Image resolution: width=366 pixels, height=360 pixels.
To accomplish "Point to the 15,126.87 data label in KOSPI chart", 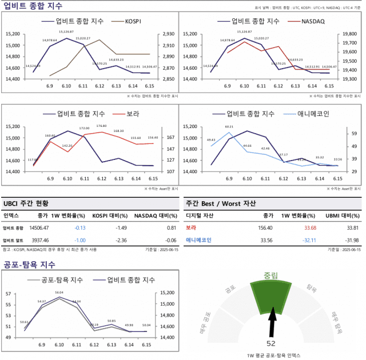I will (x=66, y=32).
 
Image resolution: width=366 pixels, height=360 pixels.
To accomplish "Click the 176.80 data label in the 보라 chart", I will (x=101, y=126).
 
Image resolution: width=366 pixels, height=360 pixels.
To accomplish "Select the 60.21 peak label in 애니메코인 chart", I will (x=229, y=127).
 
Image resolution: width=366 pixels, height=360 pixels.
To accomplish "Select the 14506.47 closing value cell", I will (x=39, y=228).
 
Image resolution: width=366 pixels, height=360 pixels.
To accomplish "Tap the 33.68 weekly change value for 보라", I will (x=307, y=228).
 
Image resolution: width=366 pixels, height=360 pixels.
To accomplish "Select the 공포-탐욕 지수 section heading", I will (x=29, y=264).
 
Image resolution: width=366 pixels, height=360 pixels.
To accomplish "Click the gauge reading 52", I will (x=271, y=343).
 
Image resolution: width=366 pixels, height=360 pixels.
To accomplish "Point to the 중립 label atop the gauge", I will (x=270, y=275).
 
